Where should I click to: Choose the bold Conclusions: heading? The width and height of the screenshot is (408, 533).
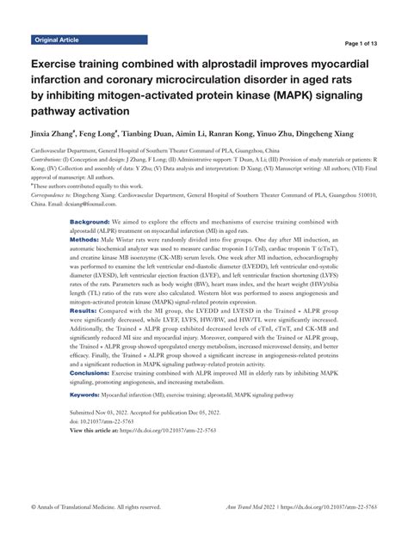[96, 373]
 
